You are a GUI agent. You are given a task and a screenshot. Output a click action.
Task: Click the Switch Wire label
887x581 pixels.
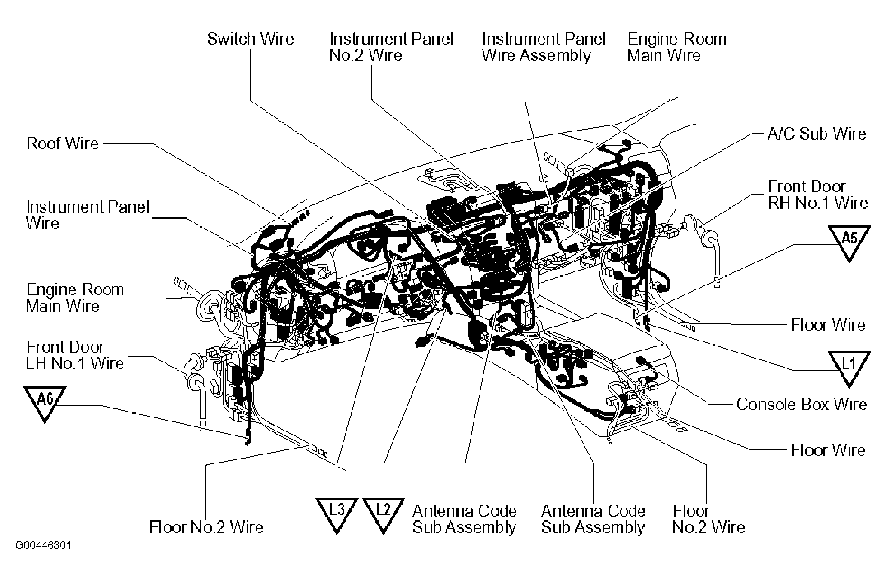click(250, 39)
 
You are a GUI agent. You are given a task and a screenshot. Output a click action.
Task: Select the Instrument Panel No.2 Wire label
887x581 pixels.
click(391, 47)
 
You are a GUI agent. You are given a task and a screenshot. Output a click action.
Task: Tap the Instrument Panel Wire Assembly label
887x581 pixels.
click(543, 47)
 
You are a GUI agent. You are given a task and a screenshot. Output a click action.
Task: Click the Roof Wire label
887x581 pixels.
click(62, 143)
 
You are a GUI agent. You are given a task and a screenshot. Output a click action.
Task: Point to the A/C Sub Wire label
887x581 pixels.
click(817, 134)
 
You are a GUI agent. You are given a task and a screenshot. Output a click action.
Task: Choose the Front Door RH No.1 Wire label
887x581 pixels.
click(817, 195)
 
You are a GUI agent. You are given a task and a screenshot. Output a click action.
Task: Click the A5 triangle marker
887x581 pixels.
click(849, 240)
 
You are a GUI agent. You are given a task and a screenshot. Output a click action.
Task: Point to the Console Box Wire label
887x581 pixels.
click(801, 405)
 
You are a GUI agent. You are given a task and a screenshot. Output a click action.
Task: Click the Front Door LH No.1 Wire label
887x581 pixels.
click(75, 355)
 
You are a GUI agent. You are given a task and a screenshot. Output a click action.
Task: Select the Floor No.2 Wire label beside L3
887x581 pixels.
click(206, 527)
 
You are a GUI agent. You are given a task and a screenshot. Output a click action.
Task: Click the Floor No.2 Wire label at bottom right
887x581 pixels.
click(708, 519)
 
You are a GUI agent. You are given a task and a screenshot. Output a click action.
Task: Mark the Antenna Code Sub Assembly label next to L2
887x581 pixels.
click(464, 519)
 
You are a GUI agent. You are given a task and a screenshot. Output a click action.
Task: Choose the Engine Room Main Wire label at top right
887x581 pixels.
click(676, 47)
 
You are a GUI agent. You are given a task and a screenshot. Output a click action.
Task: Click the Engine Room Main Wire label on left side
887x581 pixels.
click(75, 298)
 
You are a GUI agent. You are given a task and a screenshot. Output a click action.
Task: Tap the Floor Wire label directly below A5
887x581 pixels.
click(828, 325)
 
